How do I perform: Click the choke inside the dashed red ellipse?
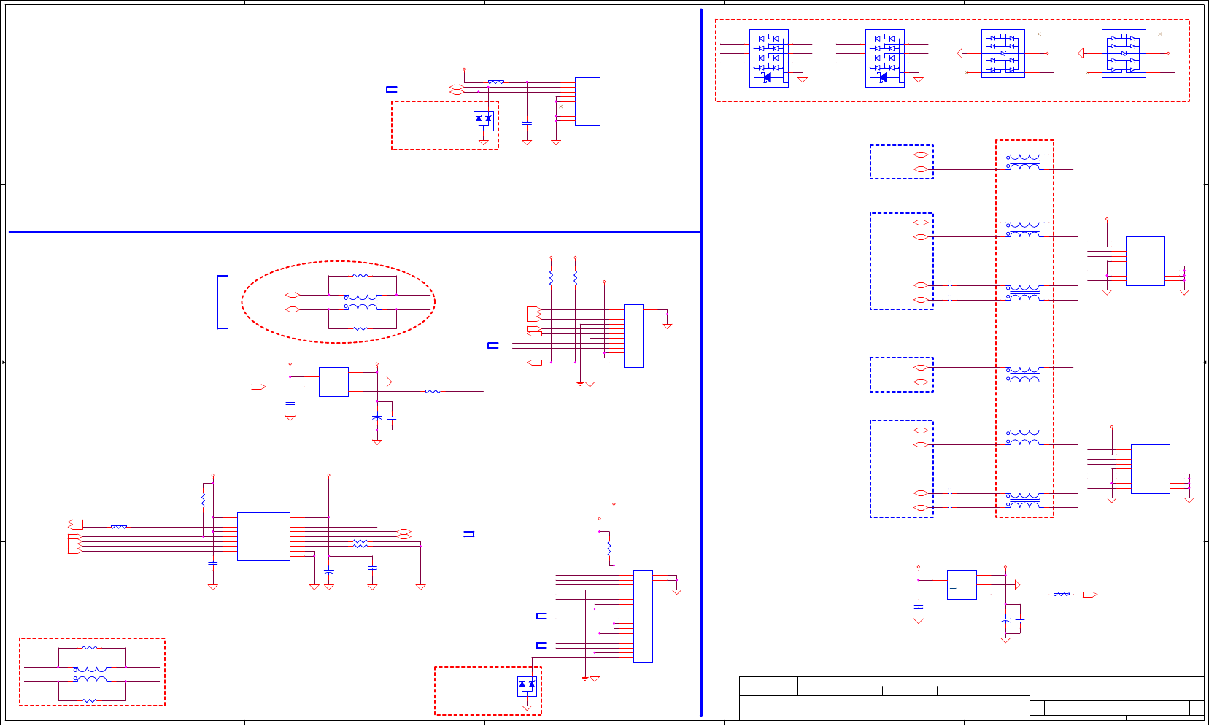click(x=361, y=302)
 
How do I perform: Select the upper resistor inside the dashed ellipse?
click(x=360, y=276)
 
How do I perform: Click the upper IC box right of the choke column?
click(x=1145, y=260)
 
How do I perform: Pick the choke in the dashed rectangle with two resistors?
click(x=91, y=674)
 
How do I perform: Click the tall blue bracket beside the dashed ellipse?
click(x=220, y=302)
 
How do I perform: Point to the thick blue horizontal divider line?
click(x=355, y=232)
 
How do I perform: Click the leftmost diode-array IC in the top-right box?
click(x=769, y=58)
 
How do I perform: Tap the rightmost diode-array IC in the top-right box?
click(x=1123, y=53)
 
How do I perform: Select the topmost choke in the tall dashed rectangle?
click(x=1024, y=161)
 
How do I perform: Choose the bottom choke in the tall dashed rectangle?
click(x=1024, y=500)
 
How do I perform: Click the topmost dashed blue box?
click(x=901, y=162)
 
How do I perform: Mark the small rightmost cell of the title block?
click(x=1197, y=708)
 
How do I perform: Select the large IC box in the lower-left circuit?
click(x=263, y=536)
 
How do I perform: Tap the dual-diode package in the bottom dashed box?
click(x=527, y=686)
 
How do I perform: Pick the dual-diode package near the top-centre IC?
click(x=483, y=120)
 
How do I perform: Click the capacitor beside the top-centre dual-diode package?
click(x=527, y=123)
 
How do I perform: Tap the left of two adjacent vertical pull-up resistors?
click(x=551, y=278)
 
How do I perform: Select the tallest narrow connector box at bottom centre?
click(x=643, y=616)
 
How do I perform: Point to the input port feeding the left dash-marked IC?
click(x=258, y=387)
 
